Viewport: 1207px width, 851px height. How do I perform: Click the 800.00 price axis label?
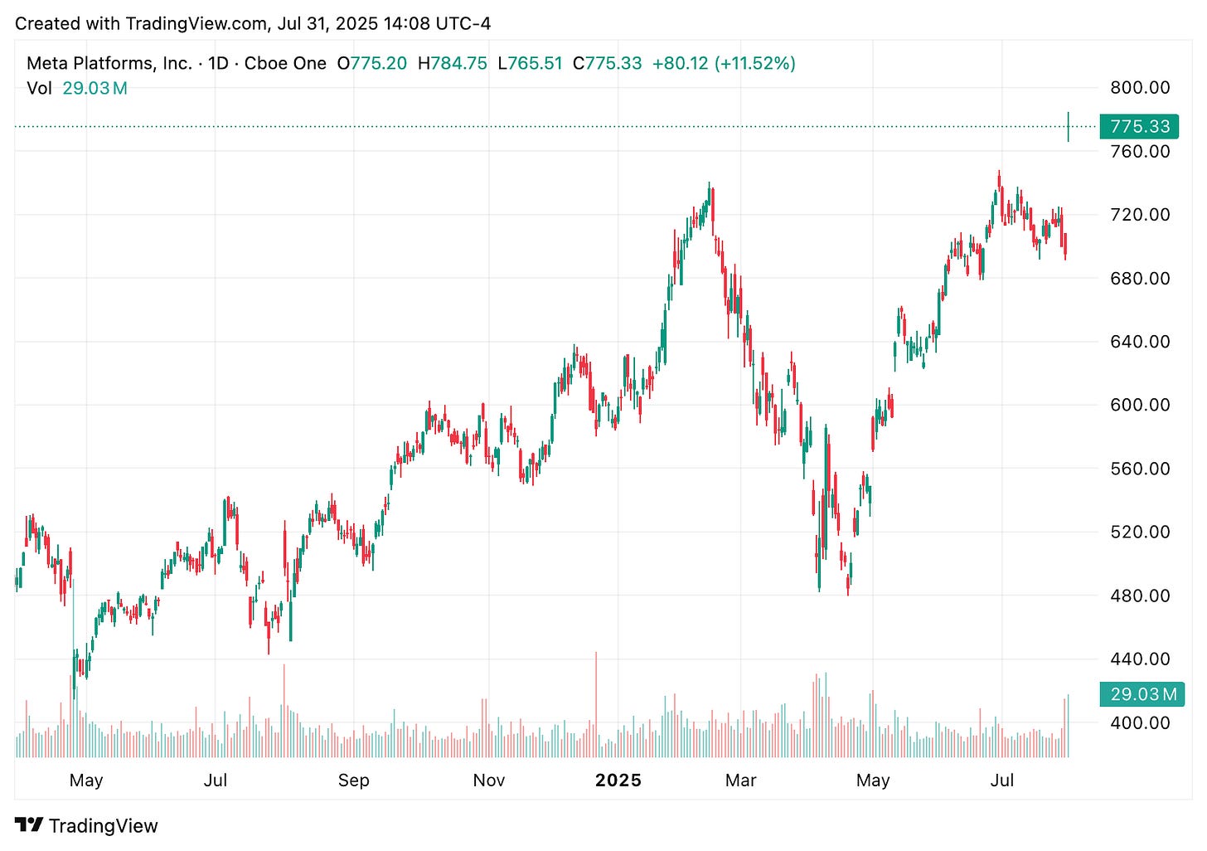tap(1140, 87)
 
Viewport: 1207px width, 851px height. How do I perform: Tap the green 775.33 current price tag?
tap(1139, 127)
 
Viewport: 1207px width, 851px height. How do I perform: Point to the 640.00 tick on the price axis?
tap(1140, 342)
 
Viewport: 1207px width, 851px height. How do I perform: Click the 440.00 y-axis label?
tap(1140, 659)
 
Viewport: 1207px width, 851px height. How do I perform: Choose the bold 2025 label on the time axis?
tap(618, 780)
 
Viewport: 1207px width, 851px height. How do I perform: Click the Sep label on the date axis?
tap(354, 780)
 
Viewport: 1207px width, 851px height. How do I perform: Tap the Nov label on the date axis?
tap(489, 780)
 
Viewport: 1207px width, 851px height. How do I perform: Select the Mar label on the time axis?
tap(740, 780)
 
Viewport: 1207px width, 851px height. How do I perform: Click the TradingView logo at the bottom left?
tap(86, 826)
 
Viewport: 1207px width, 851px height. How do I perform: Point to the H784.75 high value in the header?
tap(452, 64)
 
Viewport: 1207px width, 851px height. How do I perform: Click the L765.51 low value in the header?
tap(530, 64)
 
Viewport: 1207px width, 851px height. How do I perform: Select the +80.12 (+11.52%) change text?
tap(724, 64)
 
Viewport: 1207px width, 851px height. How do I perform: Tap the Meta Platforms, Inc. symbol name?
tap(109, 64)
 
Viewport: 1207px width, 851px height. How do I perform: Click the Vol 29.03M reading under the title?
tap(77, 89)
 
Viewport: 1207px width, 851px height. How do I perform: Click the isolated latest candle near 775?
tap(1069, 127)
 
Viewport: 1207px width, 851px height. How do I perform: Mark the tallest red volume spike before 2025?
tap(595, 705)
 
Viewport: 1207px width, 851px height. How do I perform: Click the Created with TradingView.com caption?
tap(253, 23)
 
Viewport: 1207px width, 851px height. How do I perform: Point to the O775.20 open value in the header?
tap(372, 64)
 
